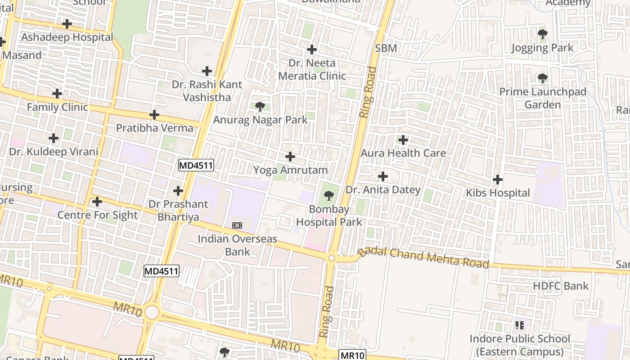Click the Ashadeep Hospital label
(x=67, y=37)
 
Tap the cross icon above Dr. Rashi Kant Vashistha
(x=207, y=71)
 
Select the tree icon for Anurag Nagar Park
(x=260, y=107)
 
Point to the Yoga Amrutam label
(x=290, y=170)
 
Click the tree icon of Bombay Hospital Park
(x=329, y=196)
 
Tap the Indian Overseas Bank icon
(x=237, y=225)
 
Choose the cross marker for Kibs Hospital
(x=498, y=180)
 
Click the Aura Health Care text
(x=403, y=153)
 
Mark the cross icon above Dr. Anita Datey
(x=383, y=176)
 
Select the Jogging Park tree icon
(x=543, y=34)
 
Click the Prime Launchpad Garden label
(x=543, y=98)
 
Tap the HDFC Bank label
(x=560, y=286)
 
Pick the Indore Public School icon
(x=520, y=325)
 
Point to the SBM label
(x=386, y=48)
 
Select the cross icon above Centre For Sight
(x=97, y=202)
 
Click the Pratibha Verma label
(x=154, y=128)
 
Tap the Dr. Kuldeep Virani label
(x=54, y=152)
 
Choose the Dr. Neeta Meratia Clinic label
(x=312, y=69)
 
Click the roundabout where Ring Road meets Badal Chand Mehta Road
(x=332, y=258)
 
